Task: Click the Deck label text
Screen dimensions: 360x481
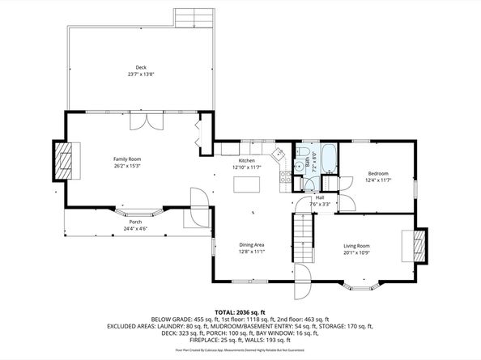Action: click(x=141, y=67)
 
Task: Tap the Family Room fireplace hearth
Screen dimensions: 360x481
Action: click(x=63, y=160)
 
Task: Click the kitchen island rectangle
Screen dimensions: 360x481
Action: click(x=246, y=185)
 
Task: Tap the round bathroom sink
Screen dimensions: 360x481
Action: click(x=299, y=166)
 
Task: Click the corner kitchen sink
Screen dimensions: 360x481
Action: click(x=278, y=153)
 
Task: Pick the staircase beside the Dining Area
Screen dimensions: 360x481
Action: click(x=301, y=239)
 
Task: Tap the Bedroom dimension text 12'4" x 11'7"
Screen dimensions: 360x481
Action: click(x=378, y=180)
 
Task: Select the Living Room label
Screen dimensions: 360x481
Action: click(x=357, y=246)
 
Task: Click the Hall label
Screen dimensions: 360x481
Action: click(x=320, y=197)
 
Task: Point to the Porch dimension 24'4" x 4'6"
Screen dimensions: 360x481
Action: click(x=135, y=228)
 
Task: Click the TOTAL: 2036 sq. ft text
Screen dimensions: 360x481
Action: click(x=240, y=311)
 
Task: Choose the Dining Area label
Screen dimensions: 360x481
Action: click(x=252, y=245)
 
